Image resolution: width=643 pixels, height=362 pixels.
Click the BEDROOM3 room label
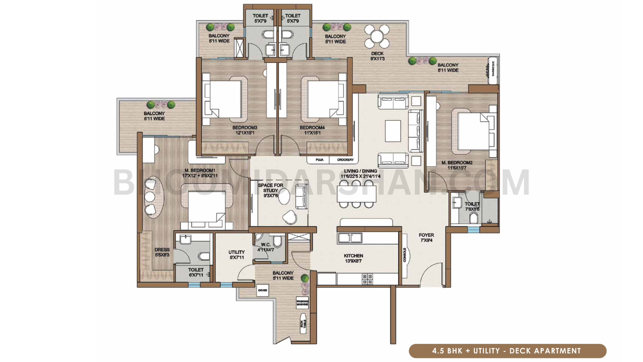coord(244,130)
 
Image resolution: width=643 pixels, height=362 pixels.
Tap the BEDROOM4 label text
coord(312,130)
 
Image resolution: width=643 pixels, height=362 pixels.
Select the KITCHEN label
coord(353,258)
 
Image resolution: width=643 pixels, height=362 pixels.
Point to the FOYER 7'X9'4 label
coord(426,237)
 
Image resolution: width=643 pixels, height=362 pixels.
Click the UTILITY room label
coord(236,255)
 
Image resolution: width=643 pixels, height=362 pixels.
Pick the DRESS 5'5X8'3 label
coord(162,252)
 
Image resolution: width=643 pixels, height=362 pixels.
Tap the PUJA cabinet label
coord(319,160)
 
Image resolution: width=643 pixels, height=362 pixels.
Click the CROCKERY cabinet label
coord(345,160)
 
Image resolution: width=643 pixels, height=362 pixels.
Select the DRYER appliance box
coord(262,290)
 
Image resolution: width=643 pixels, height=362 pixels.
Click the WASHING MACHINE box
coord(302,302)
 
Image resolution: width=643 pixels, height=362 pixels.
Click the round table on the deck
coord(377,36)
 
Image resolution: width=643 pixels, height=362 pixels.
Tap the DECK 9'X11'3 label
coord(377,56)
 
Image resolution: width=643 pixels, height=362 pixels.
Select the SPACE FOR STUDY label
coord(270,190)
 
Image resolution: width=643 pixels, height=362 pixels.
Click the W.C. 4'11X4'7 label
coord(266,247)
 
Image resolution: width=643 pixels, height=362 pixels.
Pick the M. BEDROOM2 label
coord(457,165)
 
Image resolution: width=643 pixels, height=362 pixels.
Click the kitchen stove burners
coord(367,279)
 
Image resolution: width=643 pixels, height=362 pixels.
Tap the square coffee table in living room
coord(393,131)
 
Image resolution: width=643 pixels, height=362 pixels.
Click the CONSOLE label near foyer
coord(404,255)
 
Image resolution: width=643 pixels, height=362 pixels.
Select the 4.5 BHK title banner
coord(507,351)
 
